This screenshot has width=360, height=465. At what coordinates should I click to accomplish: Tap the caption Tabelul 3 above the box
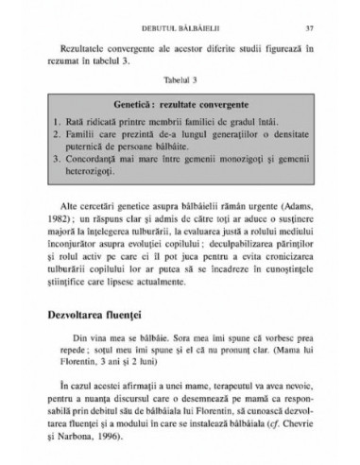click(180, 81)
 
